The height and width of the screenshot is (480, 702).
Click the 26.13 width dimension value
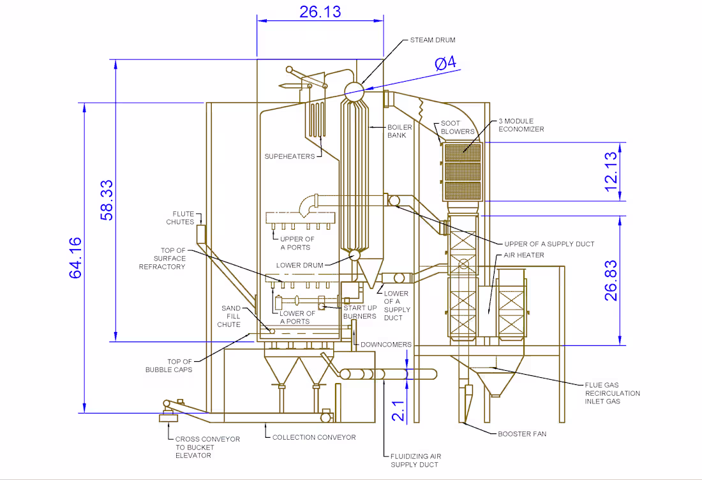coord(320,11)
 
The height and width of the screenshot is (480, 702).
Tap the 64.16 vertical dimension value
coord(75,257)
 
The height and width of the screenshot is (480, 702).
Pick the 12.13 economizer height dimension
coord(611,171)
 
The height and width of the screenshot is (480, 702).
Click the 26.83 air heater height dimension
coord(611,280)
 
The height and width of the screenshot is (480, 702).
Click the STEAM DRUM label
coord(433,40)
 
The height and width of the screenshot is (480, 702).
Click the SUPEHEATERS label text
coord(290,156)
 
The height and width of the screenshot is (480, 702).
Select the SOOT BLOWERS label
coord(458,128)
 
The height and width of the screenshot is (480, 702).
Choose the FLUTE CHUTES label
coord(179,218)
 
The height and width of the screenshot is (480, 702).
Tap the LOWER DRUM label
coord(299,265)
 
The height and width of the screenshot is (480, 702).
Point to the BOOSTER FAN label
coord(521,434)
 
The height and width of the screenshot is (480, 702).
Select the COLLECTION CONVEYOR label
coord(314,437)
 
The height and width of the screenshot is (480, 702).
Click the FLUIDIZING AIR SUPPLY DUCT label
coord(415,460)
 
